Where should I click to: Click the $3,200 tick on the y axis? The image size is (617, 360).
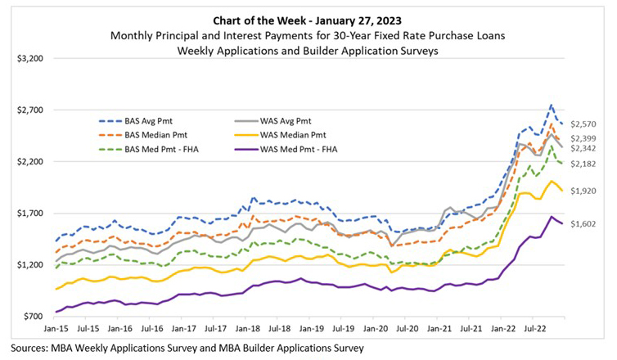pos(30,59)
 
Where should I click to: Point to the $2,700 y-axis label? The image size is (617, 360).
pos(30,110)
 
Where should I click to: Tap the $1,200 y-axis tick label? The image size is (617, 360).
pos(30,265)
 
